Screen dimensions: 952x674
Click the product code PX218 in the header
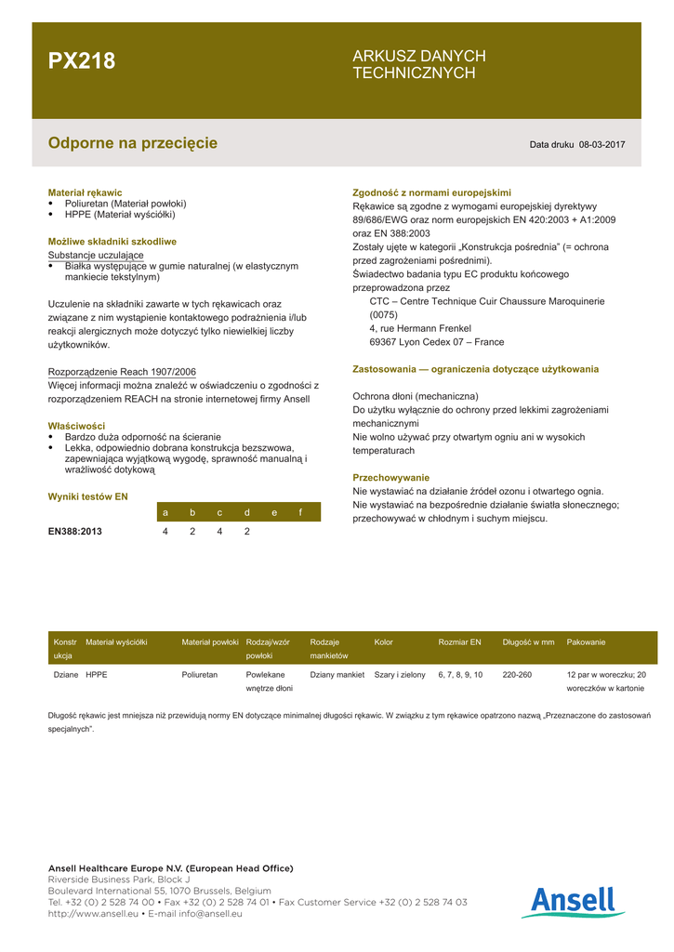tap(82, 61)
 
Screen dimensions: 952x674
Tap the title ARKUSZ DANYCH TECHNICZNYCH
tap(418, 64)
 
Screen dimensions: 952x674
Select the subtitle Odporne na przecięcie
tap(132, 143)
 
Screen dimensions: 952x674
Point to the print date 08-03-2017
tap(601, 145)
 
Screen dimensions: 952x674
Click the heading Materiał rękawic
tap(85, 192)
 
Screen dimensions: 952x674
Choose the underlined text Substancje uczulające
tap(96, 255)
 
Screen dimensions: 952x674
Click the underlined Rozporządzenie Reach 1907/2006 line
tap(122, 372)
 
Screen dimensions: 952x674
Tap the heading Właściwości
tap(76, 426)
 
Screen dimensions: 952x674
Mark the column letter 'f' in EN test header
tap(300, 512)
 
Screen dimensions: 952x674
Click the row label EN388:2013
tap(75, 532)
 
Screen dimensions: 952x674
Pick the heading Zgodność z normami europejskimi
tap(431, 192)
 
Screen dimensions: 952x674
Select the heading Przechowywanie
tap(390, 478)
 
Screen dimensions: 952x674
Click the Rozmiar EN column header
tap(459, 642)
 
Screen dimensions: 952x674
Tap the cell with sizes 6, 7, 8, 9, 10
tap(460, 675)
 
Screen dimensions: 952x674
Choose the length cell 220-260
tap(517, 675)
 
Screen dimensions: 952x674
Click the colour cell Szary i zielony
tap(400, 675)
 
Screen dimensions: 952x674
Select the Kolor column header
tap(384, 642)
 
